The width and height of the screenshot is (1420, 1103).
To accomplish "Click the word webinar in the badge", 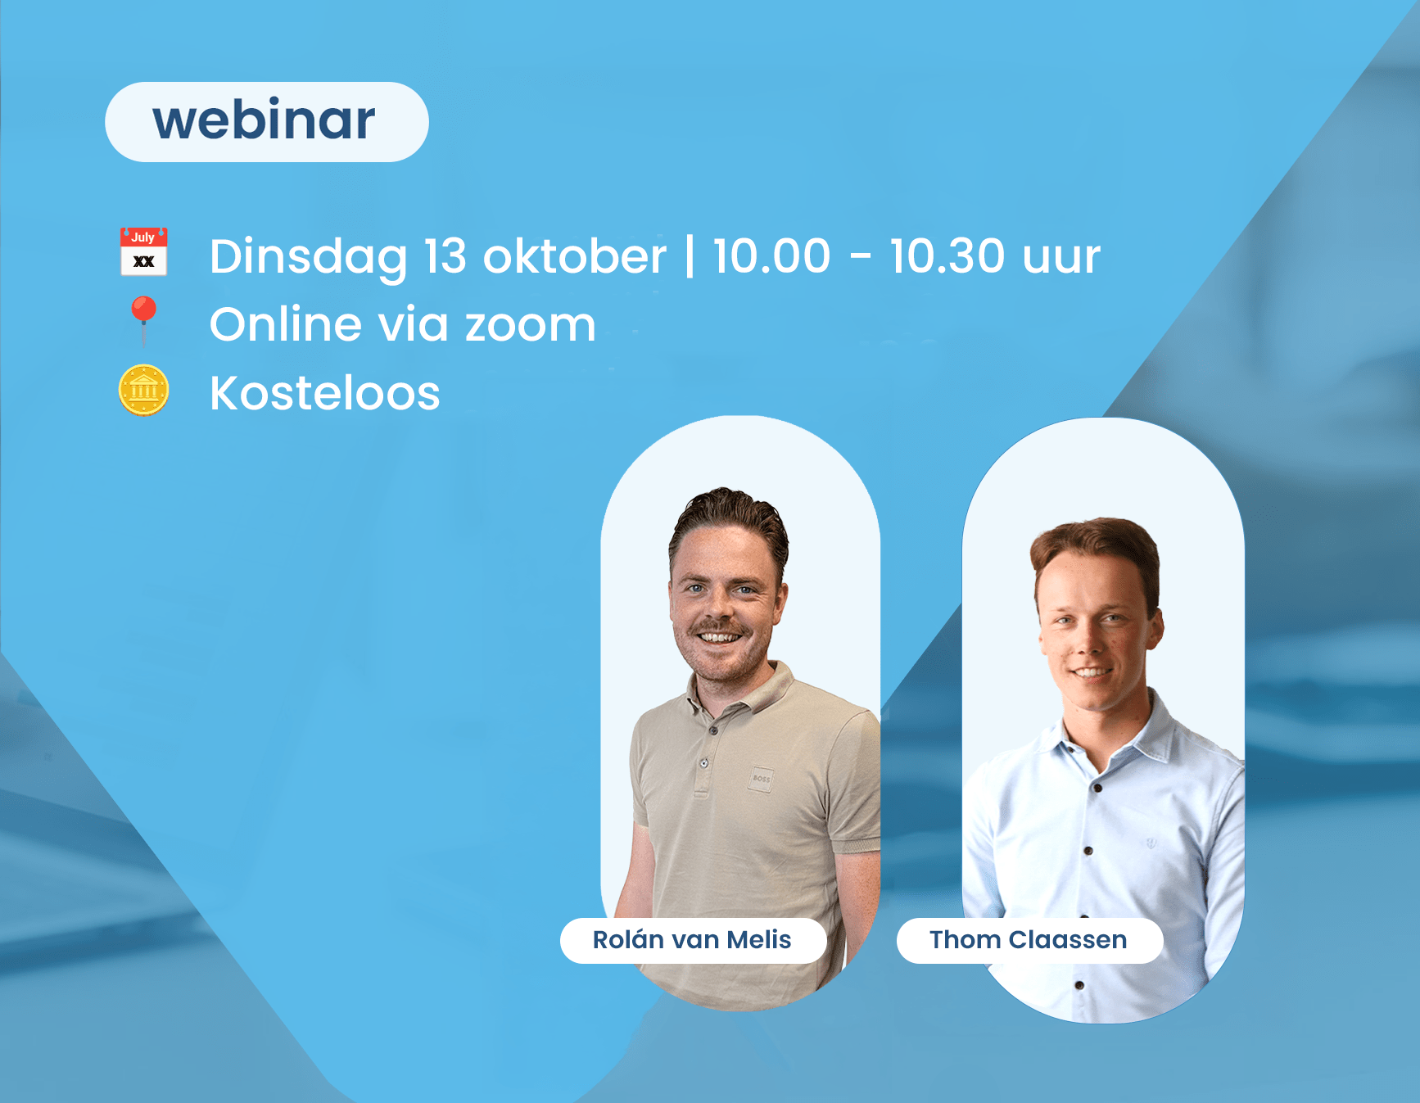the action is click(x=264, y=120).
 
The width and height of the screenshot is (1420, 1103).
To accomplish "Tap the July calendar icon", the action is click(x=144, y=251).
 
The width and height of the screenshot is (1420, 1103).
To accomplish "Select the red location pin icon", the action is click(x=144, y=320).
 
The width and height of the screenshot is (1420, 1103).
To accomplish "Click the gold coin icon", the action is click(x=144, y=391).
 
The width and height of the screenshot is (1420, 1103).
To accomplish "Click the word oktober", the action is click(x=575, y=256).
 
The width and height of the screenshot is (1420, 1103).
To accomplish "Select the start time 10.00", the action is click(x=771, y=256).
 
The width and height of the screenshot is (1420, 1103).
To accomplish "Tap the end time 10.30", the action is click(x=947, y=256).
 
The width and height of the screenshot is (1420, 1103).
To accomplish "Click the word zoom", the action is click(x=531, y=325).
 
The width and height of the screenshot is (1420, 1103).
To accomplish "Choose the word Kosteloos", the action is click(x=325, y=393).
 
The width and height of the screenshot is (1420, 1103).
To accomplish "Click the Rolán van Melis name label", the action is click(x=693, y=940).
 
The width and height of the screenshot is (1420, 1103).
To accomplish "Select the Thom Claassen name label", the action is click(x=1029, y=940).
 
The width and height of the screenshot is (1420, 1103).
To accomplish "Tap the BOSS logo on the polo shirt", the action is click(x=761, y=779).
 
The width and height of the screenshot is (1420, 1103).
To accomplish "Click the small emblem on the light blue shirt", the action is click(x=1151, y=843).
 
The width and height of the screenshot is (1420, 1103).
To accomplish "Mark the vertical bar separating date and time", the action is click(x=690, y=256).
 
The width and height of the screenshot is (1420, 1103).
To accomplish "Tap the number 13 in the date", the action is click(x=445, y=256).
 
